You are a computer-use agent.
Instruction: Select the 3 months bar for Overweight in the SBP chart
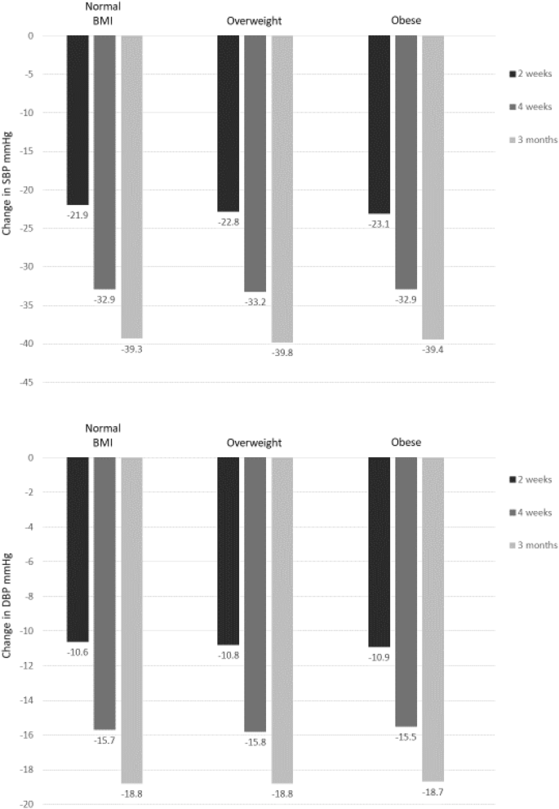coord(282,188)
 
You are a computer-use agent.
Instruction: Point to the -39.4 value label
coord(432,349)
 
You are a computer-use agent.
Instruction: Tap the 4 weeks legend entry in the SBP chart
coord(531,106)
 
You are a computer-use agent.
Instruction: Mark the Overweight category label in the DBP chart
coord(254,442)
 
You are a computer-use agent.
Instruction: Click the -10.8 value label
coord(228,656)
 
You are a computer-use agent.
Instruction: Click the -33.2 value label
coord(255,302)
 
